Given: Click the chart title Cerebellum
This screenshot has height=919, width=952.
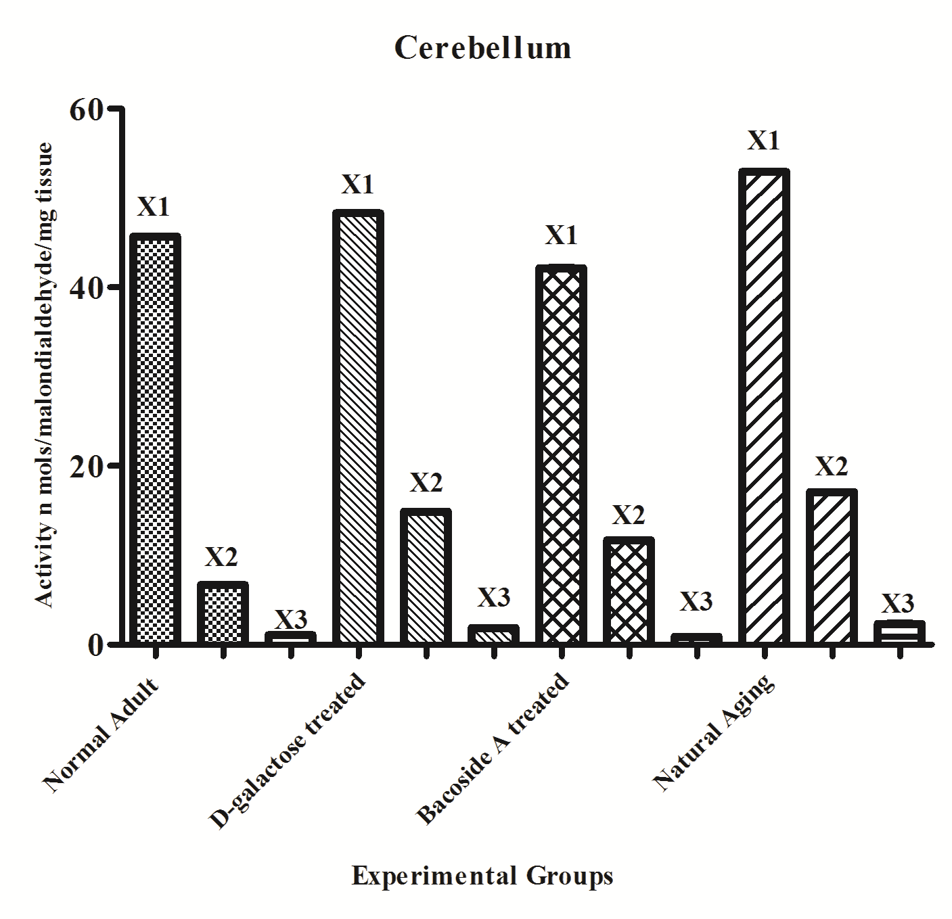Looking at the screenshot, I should [x=482, y=48].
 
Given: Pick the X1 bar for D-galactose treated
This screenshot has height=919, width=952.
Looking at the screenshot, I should [x=359, y=427].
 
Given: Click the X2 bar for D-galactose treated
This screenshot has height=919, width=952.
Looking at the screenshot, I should [x=426, y=576].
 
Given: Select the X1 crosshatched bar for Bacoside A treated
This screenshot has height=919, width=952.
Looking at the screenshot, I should [x=561, y=454].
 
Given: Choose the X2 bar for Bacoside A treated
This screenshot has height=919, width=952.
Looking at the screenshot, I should [x=629, y=590].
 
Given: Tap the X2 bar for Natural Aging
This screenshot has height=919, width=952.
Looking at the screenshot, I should [x=832, y=567].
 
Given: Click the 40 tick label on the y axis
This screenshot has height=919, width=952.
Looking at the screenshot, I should [x=86, y=287].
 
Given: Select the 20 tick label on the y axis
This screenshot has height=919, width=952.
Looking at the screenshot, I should [x=86, y=466].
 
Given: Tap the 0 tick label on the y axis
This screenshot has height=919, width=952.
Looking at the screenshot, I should [x=95, y=644].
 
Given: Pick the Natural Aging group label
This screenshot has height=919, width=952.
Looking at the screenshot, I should [x=713, y=732].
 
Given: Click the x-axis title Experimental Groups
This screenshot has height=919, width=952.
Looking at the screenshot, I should [x=482, y=876].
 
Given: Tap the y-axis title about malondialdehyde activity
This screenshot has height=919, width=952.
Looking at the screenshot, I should [x=45, y=375].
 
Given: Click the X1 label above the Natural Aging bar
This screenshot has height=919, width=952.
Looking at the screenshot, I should [x=764, y=141].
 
